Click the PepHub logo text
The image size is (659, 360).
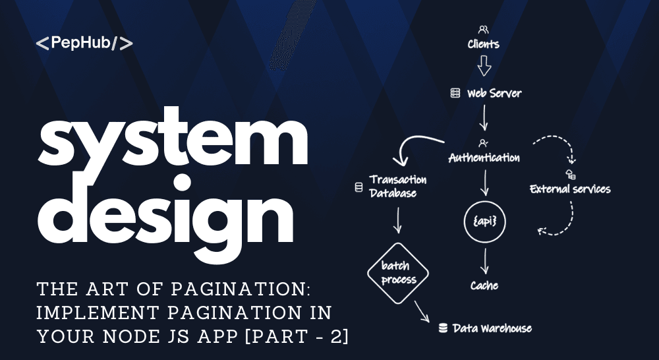(84, 43)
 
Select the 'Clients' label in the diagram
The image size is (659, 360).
(483, 44)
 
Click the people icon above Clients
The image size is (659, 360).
(483, 30)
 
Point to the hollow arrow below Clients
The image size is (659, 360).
(484, 66)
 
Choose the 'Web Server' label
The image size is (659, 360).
(494, 93)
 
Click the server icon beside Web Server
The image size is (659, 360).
(455, 93)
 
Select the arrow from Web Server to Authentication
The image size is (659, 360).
(484, 118)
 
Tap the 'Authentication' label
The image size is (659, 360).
(484, 158)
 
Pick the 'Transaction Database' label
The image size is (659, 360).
(398, 187)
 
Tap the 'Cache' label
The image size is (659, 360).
(484, 285)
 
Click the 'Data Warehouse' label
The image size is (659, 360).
(492, 328)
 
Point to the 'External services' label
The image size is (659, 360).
(570, 189)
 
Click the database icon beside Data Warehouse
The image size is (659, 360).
(443, 328)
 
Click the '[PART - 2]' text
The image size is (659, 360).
(297, 336)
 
